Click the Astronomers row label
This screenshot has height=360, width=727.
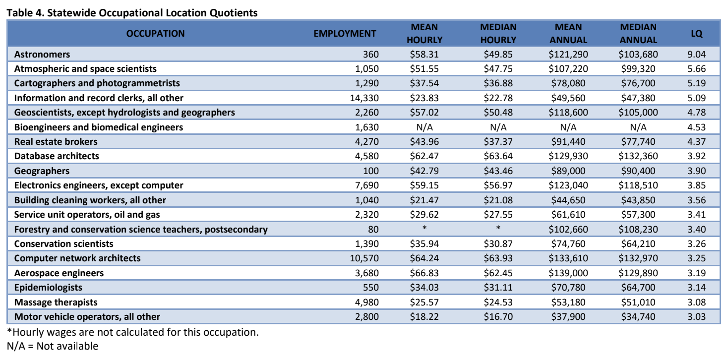[x=42, y=54]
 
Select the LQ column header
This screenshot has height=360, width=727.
[x=696, y=34]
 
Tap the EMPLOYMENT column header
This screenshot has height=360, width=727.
[x=345, y=34]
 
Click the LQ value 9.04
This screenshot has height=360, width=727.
[x=696, y=54]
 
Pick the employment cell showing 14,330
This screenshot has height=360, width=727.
[x=364, y=98]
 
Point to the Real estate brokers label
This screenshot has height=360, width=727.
[x=56, y=141]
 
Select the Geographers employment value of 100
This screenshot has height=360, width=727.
[x=370, y=171]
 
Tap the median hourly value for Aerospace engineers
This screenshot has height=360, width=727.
[x=498, y=273]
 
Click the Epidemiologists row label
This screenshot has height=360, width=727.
[x=48, y=287]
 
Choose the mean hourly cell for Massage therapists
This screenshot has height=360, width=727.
[x=424, y=302]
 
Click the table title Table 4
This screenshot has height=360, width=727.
[x=132, y=13]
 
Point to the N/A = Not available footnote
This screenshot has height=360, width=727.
[x=53, y=346]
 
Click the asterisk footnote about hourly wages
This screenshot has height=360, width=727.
[x=132, y=332]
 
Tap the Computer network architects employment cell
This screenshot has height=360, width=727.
[x=364, y=258]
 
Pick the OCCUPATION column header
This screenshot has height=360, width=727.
[x=155, y=34]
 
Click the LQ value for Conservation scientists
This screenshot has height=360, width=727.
[x=696, y=243]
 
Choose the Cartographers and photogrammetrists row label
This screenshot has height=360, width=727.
[x=97, y=83]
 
